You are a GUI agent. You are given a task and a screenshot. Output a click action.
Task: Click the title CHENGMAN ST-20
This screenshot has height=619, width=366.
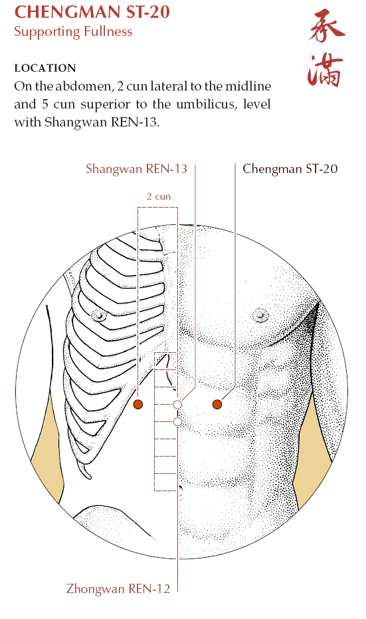[x=92, y=12]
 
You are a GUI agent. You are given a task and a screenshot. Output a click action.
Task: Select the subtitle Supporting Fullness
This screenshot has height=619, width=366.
[x=73, y=31]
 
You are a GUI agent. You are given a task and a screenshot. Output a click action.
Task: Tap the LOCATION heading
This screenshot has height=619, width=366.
[x=45, y=68]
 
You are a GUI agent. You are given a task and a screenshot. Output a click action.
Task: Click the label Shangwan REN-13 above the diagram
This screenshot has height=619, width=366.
[x=136, y=169]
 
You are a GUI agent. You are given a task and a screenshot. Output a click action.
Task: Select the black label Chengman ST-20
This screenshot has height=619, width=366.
[x=290, y=169]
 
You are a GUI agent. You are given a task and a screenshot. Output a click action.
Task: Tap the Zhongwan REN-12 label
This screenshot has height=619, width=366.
[x=118, y=588]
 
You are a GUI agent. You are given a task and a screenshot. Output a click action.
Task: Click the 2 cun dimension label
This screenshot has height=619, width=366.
[x=159, y=196]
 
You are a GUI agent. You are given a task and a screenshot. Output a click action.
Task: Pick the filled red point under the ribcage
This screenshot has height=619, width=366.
[x=138, y=404]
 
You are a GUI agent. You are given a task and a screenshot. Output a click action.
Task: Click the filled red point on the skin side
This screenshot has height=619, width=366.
[x=217, y=404]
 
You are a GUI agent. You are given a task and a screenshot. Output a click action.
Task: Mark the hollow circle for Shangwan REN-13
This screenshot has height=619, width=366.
[x=177, y=405]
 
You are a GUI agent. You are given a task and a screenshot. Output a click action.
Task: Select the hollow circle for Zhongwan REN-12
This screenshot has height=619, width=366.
[x=177, y=422]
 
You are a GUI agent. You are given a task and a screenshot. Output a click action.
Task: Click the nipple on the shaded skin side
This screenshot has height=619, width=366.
[x=260, y=315]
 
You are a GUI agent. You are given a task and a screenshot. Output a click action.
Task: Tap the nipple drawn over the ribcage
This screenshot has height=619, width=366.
[x=99, y=315]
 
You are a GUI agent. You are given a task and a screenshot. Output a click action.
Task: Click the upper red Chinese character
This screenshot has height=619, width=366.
[x=327, y=27]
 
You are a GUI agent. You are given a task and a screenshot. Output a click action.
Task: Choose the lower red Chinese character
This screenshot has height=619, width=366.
[x=325, y=71]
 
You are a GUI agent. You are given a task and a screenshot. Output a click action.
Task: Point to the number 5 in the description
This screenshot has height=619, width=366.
[x=45, y=104]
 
